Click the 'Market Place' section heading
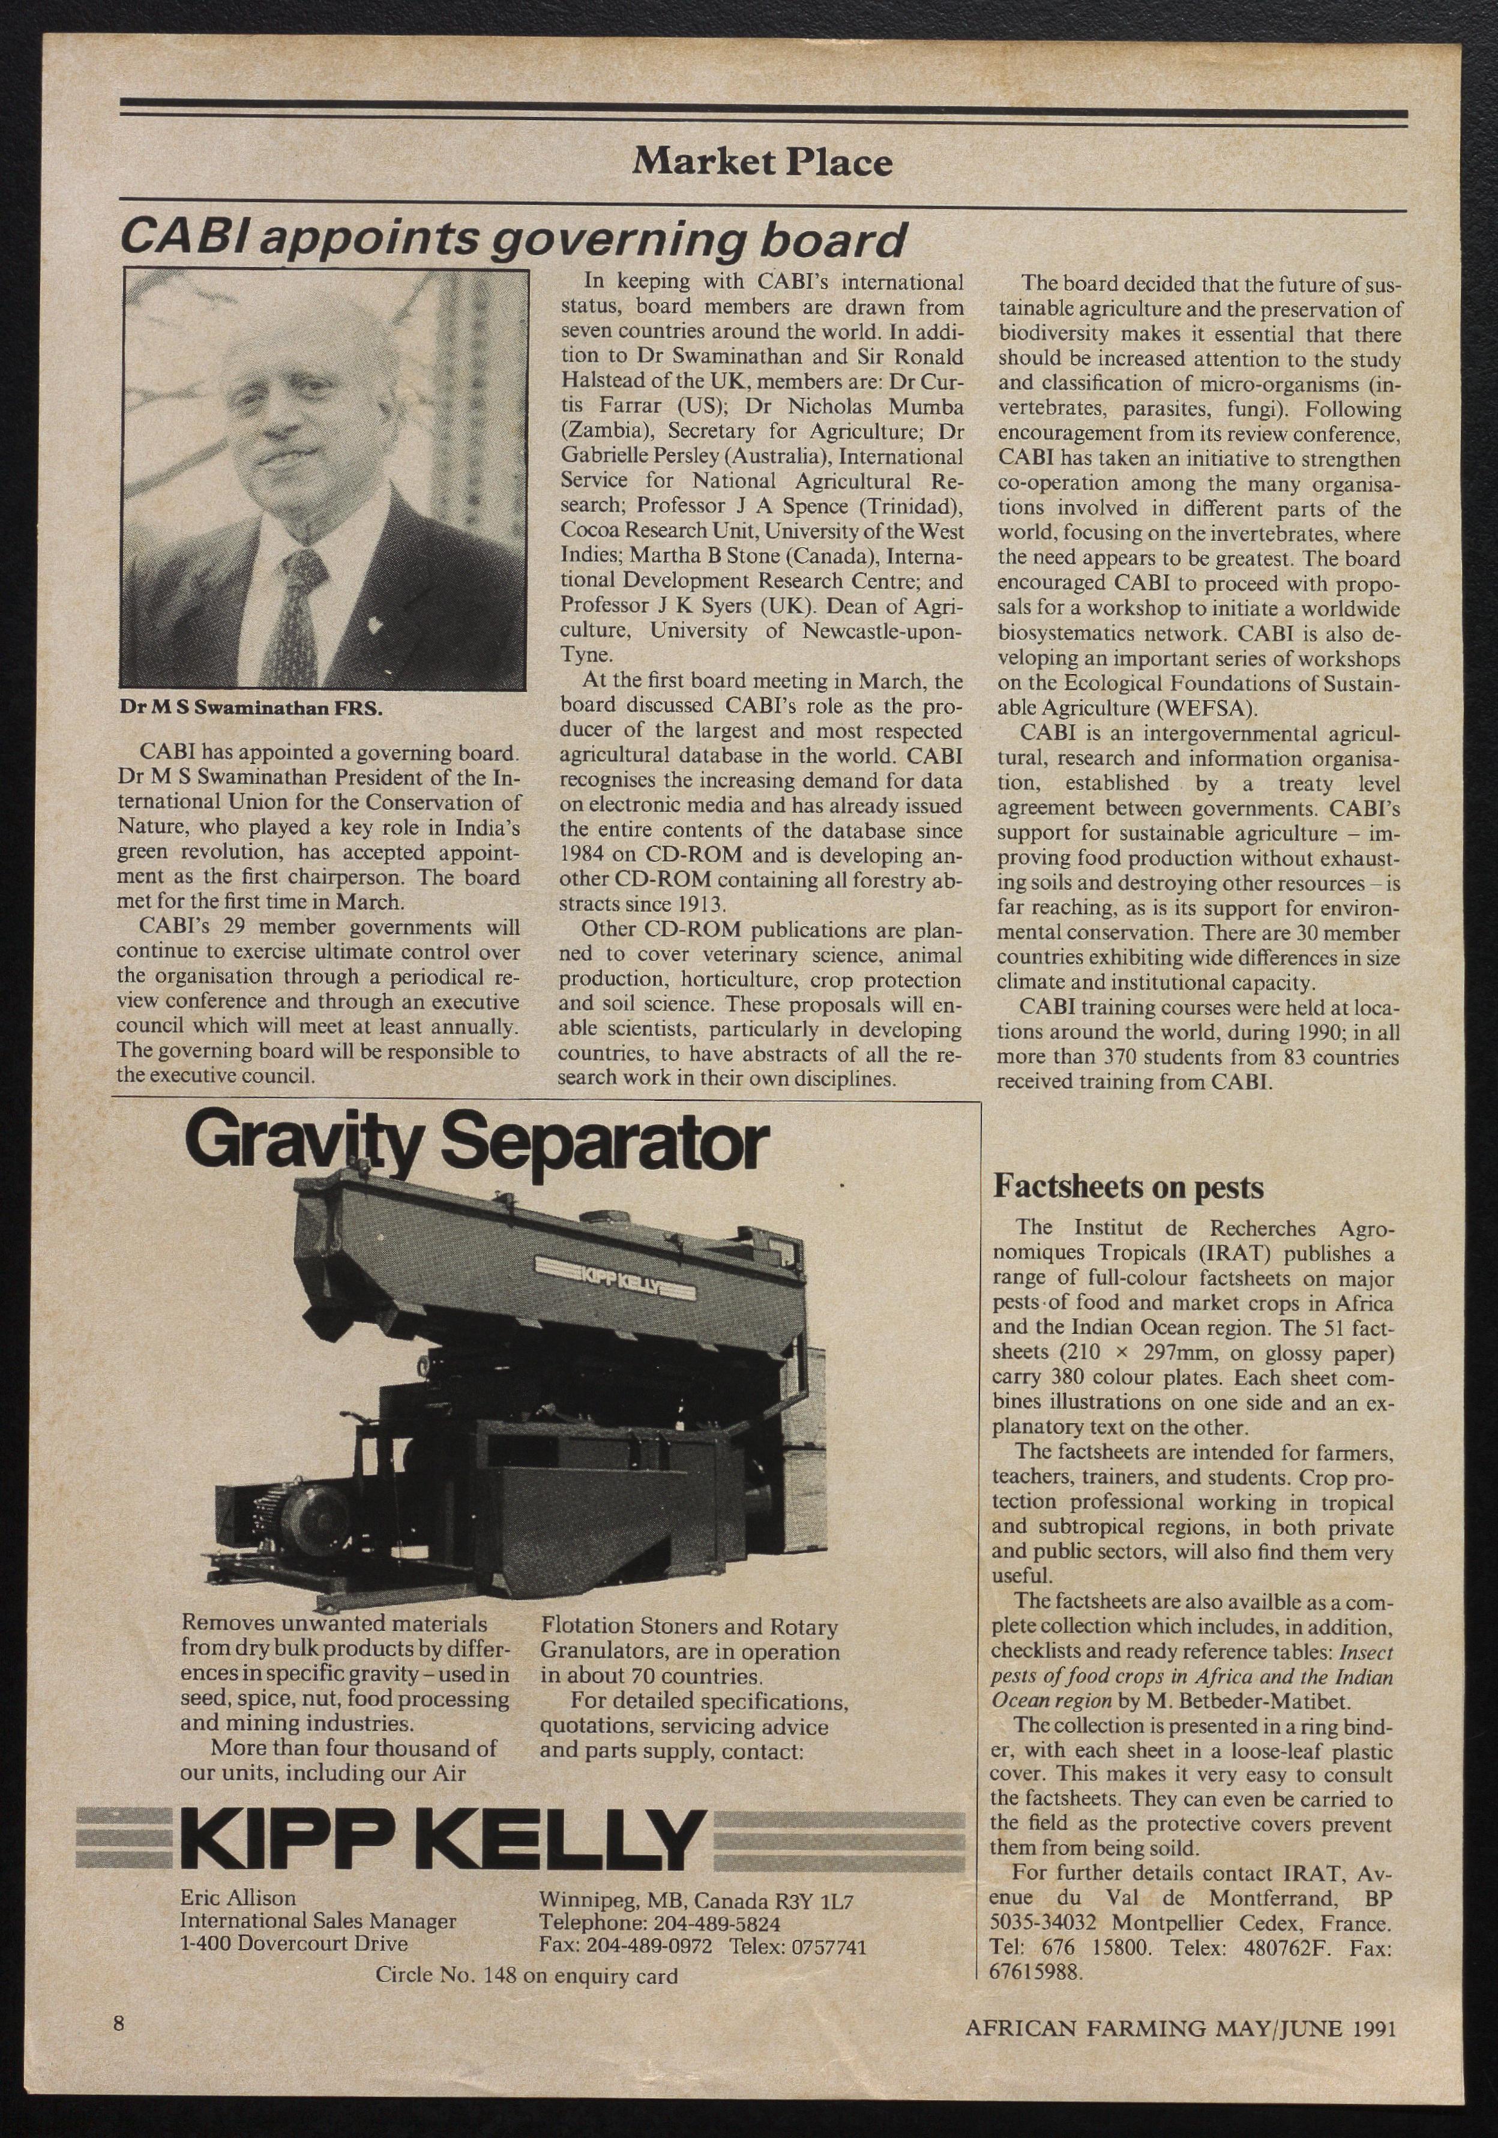point(762,163)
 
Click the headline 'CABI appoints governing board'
point(514,240)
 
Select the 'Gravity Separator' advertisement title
point(478,1145)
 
